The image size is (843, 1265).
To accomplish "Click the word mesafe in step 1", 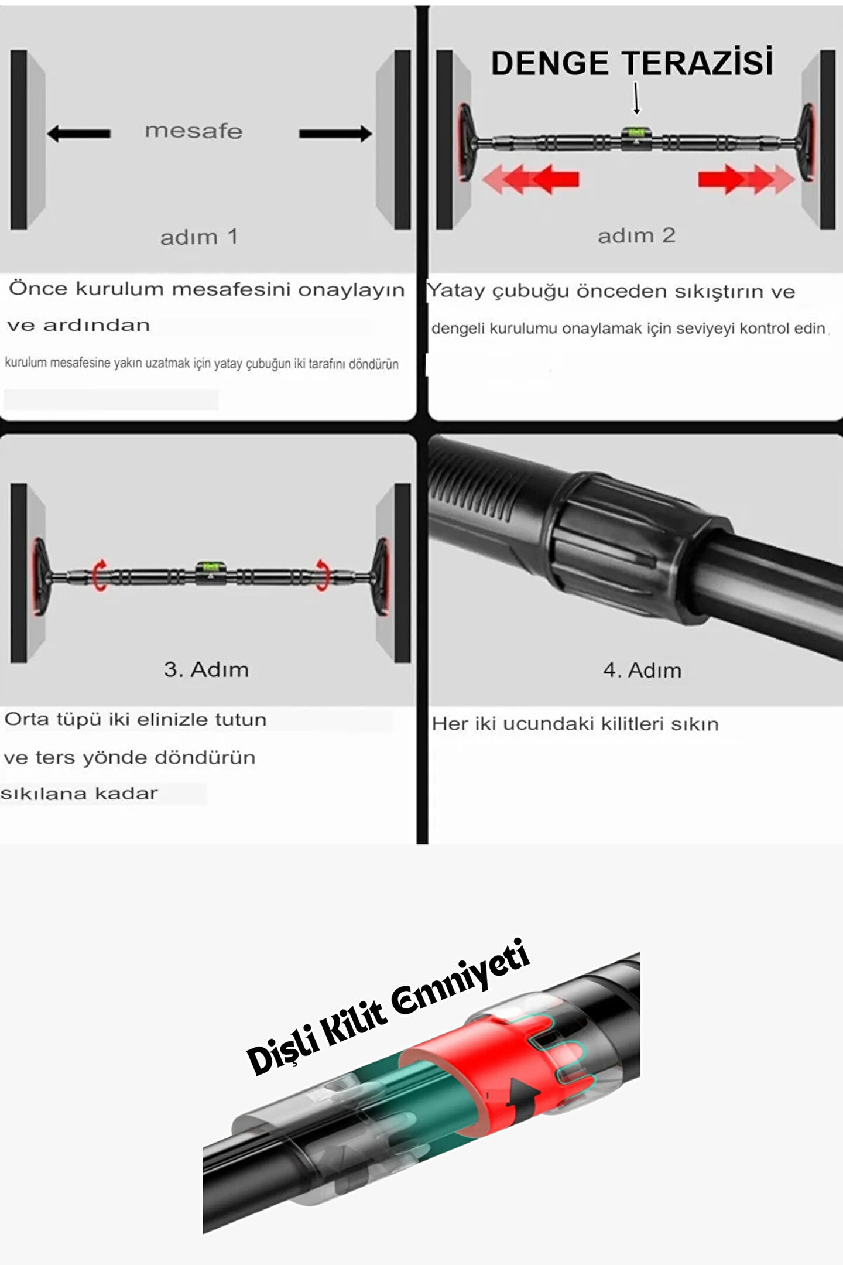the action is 194,131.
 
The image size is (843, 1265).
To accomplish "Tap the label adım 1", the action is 199,237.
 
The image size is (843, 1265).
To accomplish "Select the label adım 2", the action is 636,235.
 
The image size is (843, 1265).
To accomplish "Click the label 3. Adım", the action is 206,669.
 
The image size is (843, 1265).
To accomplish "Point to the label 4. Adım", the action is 642,670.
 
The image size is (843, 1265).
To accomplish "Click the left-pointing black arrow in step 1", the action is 78,134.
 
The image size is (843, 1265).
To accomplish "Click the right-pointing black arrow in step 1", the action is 335,134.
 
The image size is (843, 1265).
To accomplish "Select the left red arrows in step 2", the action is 530,179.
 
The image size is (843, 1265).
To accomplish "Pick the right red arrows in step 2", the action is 746,179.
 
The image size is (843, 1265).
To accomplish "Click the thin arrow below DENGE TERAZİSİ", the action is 636,98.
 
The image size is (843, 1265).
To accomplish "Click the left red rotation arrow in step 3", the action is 100,575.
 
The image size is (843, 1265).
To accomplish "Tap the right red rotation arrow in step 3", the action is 323,575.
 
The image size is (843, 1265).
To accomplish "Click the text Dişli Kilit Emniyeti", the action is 388,1006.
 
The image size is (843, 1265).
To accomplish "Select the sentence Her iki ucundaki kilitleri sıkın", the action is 575,724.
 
